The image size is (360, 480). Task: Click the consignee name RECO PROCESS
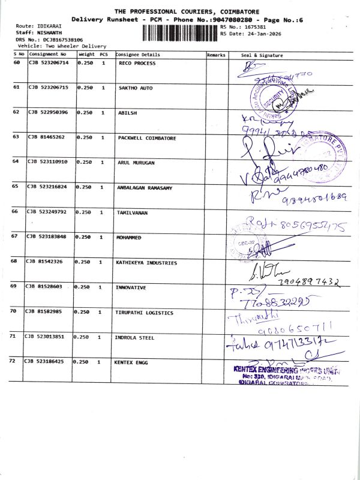[x=137, y=63]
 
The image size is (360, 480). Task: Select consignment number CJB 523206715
[x=49, y=88]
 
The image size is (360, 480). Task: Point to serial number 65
[x=16, y=187]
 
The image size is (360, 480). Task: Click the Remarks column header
[x=215, y=55]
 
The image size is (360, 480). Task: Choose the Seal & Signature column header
[x=262, y=55]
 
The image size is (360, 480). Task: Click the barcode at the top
[x=181, y=29]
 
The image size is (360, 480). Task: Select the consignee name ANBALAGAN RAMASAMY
[x=145, y=188]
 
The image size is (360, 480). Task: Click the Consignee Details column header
[x=138, y=55]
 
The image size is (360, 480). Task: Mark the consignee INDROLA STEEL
[x=134, y=337]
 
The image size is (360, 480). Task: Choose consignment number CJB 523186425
[x=46, y=362]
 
